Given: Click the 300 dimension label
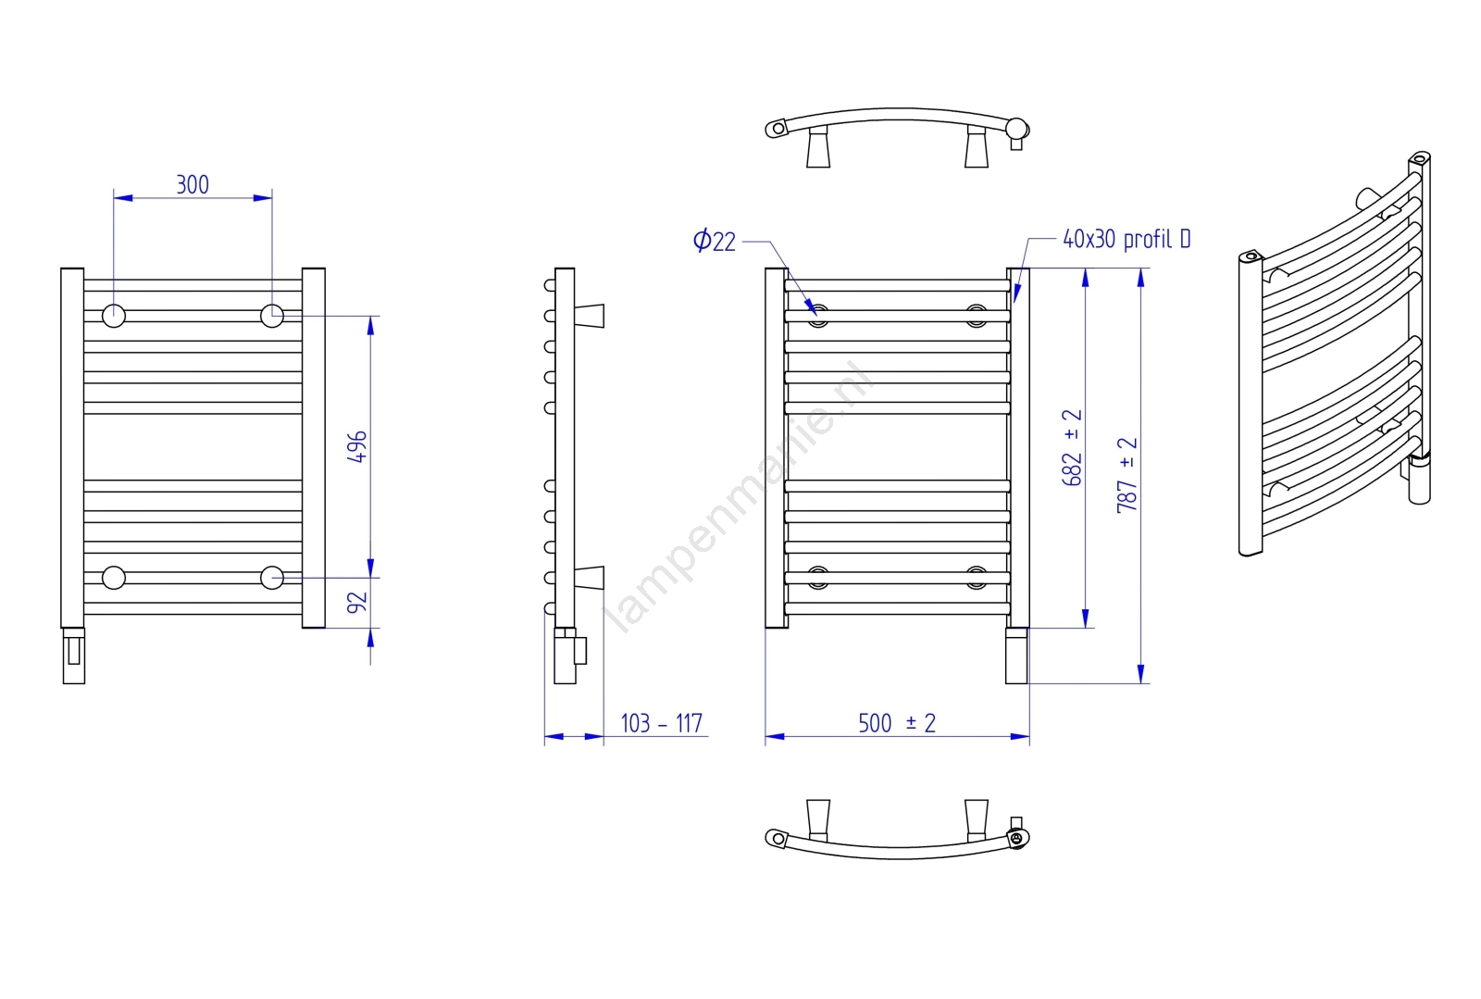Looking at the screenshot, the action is [193, 184].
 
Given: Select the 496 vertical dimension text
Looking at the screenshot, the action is [357, 446].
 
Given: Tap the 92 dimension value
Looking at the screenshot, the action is [357, 603].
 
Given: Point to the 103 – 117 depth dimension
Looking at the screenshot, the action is [661, 723].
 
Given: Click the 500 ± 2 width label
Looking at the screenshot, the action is [897, 723].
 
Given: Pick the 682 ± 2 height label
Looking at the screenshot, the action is [1072, 447].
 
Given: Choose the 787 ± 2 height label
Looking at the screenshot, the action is [1126, 475].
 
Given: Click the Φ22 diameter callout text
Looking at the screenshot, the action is [714, 240].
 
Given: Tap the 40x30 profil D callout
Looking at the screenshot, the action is [1126, 239].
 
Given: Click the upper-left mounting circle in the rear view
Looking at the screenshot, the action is [114, 316].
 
